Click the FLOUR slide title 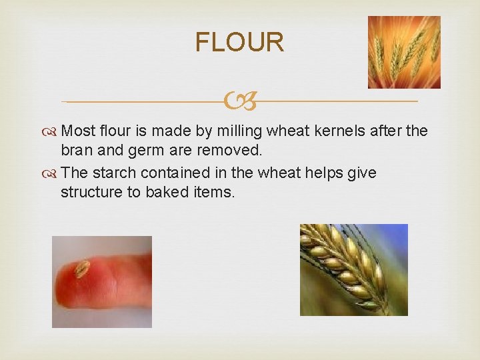(239, 42)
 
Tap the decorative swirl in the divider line (239, 102)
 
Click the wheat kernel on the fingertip (82, 269)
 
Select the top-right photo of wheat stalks (404, 52)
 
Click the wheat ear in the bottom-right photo (343, 267)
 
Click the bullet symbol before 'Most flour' (51, 132)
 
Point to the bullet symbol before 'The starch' (51, 174)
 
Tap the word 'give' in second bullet (362, 173)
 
